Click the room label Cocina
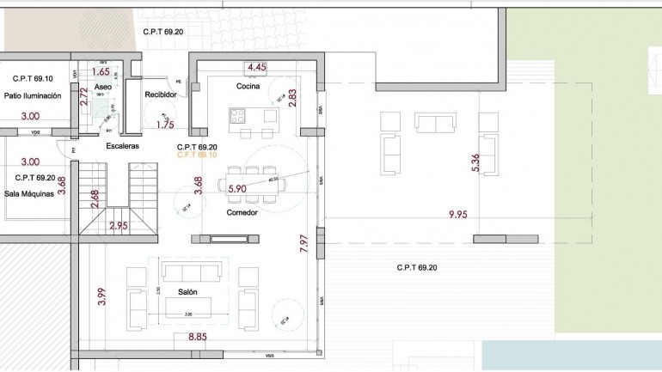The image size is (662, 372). tap(248, 86)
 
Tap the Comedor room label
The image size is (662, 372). tap(242, 212)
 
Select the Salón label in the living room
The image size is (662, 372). tap(188, 292)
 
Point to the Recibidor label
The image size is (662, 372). tap(161, 95)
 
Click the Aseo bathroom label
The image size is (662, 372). tap(102, 88)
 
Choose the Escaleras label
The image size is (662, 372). tap(123, 146)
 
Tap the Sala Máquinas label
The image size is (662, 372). tap(29, 193)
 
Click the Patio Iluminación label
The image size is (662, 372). tap(32, 95)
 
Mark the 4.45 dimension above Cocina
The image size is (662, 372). tap(256, 66)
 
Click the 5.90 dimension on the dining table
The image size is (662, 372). tap(237, 187)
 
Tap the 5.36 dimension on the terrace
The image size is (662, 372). tap(475, 163)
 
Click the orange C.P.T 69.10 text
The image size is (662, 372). tap(196, 156)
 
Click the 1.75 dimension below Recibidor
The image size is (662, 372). tap(165, 125)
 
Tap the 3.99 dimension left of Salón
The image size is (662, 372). tap(101, 296)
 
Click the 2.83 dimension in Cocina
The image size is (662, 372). tap(292, 97)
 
